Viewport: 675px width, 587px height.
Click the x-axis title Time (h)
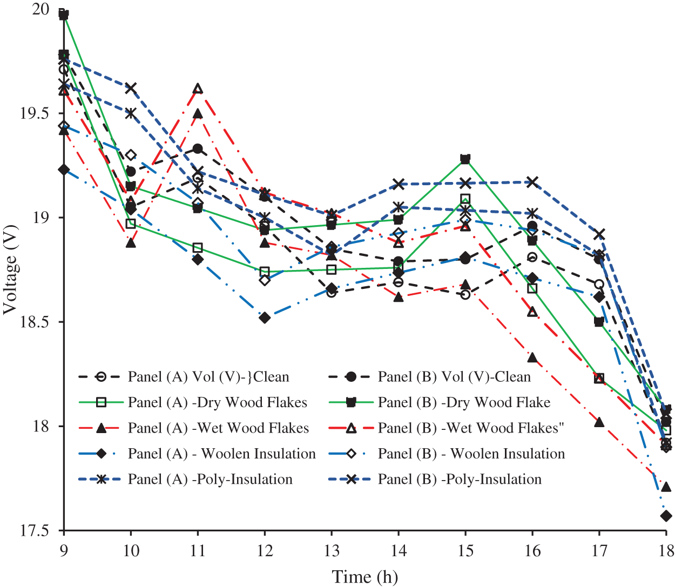click(364, 577)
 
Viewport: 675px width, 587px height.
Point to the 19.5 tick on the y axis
click(33, 113)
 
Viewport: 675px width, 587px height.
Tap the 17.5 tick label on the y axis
click(33, 531)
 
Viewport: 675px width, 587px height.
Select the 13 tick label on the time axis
click(332, 551)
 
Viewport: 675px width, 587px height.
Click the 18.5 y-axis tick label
click(33, 322)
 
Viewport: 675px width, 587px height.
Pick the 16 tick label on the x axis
click(532, 551)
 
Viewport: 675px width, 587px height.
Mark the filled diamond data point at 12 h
click(265, 318)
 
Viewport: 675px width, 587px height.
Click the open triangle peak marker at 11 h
click(198, 89)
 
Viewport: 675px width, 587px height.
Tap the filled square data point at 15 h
click(465, 159)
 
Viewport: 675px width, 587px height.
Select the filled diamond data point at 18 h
click(666, 516)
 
